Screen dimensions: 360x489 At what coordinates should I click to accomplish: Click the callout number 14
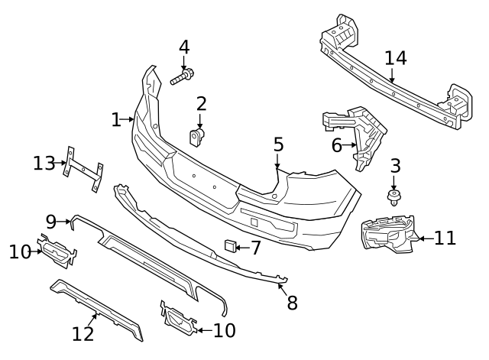(x=396, y=58)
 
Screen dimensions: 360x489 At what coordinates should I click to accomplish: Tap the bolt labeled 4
(x=182, y=77)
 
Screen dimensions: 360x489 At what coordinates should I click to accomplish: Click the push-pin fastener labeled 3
(x=394, y=198)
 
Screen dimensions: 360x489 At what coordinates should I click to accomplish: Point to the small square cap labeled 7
(x=228, y=245)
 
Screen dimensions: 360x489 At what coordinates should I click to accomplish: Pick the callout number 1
(x=116, y=120)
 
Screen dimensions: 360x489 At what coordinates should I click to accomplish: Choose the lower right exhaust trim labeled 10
(x=178, y=319)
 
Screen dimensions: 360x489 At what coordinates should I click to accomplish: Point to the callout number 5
(x=278, y=144)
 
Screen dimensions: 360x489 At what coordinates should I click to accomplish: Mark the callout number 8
(x=292, y=303)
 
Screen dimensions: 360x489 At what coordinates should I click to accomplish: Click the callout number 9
(x=51, y=222)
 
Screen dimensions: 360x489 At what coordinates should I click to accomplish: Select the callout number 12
(x=83, y=334)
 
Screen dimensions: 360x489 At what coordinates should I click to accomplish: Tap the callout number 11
(x=445, y=238)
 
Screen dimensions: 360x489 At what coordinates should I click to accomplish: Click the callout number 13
(x=44, y=163)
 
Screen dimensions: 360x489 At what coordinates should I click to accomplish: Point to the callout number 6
(x=337, y=144)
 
